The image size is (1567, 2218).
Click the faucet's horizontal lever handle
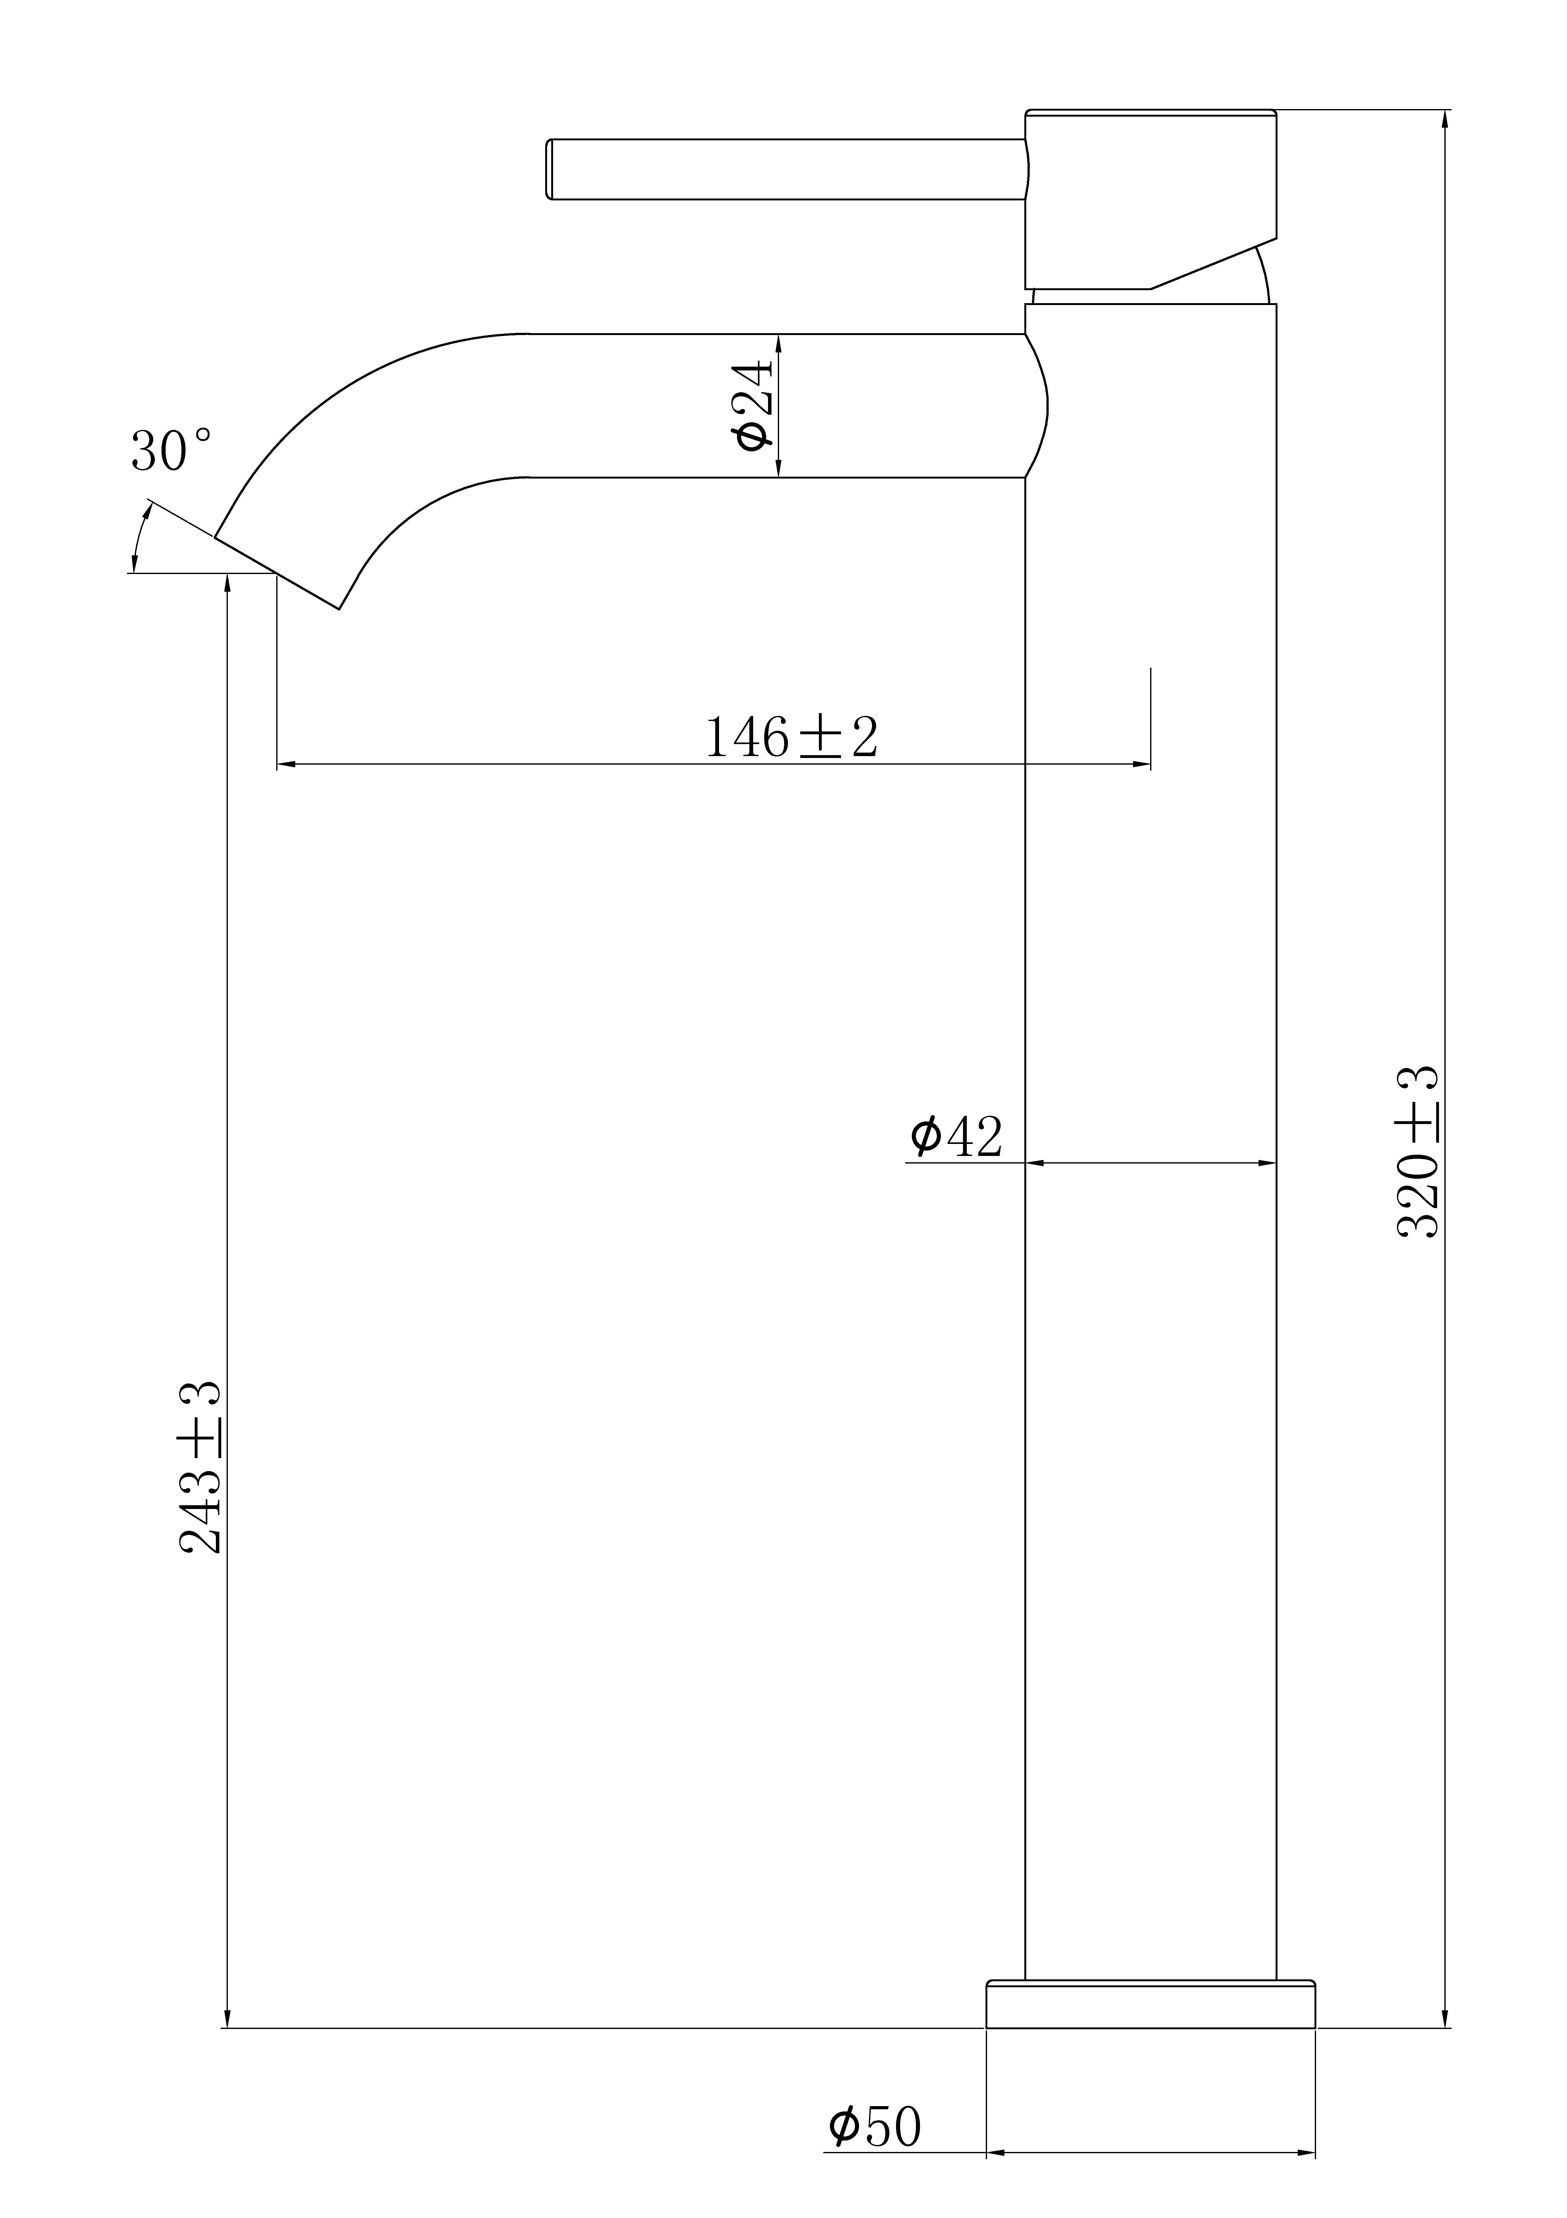pos(787,169)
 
